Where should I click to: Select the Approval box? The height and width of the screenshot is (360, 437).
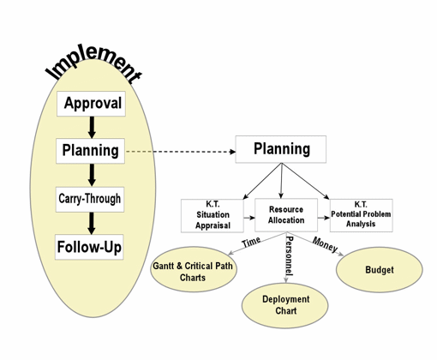coord(91,104)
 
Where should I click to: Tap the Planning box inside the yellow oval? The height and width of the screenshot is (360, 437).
coord(90,151)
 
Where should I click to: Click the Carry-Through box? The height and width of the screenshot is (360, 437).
coord(90,200)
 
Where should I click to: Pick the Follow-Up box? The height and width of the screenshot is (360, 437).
coord(89,247)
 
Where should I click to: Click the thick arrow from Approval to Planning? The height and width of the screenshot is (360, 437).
coord(92,128)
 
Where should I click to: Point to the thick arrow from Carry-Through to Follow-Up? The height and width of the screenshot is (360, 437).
coord(91,224)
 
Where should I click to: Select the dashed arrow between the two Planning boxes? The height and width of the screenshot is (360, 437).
coord(181,152)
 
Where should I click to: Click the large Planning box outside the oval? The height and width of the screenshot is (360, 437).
coord(281,149)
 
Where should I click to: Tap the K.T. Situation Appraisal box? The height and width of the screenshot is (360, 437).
coord(213,215)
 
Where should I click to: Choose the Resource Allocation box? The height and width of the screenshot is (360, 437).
coord(286,215)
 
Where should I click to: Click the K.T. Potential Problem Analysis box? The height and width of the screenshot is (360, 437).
coord(362,215)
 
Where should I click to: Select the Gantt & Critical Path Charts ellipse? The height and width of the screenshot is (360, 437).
coord(194,269)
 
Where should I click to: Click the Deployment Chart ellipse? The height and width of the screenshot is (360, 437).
coord(285,305)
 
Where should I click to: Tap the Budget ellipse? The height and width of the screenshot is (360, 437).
coord(380,270)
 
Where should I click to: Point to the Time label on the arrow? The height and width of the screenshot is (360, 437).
coord(251,243)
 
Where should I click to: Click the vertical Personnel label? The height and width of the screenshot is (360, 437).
coord(290,255)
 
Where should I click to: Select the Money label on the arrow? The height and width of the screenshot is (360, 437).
coord(325,244)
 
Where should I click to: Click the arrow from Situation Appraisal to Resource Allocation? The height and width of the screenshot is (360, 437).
coord(249,218)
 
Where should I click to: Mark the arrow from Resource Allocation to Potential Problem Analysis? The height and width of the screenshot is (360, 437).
coord(324,218)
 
